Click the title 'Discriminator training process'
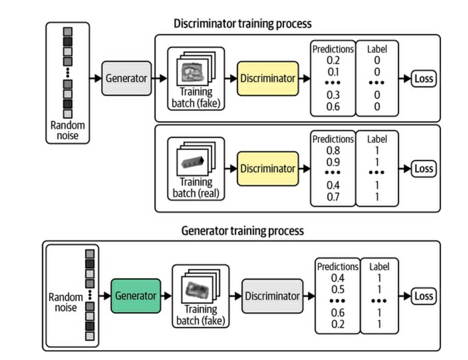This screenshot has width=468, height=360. (242, 23)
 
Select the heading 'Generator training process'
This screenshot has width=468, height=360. (242, 231)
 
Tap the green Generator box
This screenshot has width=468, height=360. (136, 296)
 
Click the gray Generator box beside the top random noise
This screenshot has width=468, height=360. (126, 78)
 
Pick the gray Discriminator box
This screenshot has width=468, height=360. (272, 296)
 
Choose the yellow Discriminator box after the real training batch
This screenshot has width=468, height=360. (268, 169)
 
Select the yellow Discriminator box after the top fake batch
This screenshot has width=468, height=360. (268, 78)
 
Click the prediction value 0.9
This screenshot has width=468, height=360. (333, 162)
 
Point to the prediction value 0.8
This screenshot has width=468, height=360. (333, 151)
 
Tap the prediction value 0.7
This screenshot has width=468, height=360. (333, 197)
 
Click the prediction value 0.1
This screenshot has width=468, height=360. (333, 72)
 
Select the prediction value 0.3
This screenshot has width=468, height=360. (333, 95)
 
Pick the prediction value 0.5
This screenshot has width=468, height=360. (337, 289)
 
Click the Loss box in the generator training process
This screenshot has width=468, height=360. (424, 296)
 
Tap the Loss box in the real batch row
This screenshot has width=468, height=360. (424, 169)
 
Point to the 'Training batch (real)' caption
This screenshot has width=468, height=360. (196, 187)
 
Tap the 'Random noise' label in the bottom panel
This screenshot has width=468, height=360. (66, 302)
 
